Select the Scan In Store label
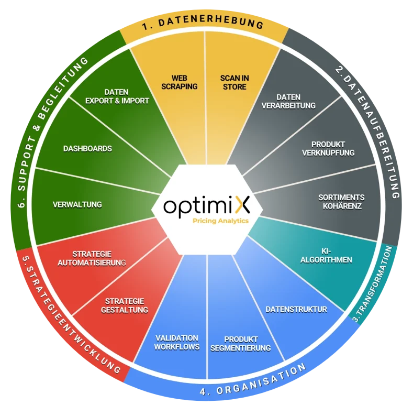click(x=234, y=82)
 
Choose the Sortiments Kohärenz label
click(x=341, y=202)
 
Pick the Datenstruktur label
click(x=296, y=309)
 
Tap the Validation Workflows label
click(x=177, y=342)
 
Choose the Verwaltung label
click(x=77, y=204)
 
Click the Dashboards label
click(x=87, y=148)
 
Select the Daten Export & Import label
click(x=117, y=96)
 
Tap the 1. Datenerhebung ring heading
click(x=204, y=24)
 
